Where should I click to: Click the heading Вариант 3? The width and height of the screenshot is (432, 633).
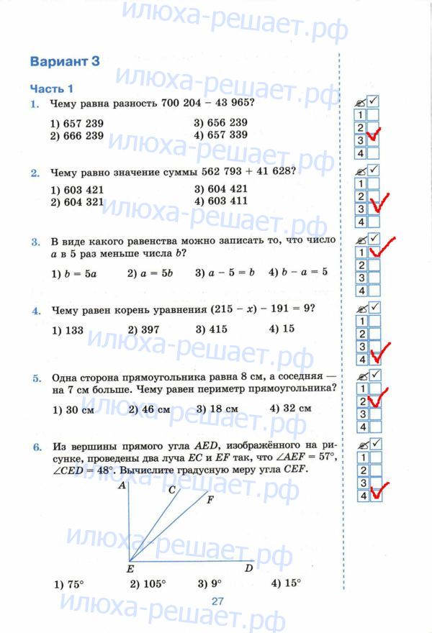(x=63, y=61)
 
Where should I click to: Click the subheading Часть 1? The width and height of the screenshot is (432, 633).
(x=51, y=89)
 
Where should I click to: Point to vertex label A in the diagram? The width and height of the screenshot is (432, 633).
(x=122, y=487)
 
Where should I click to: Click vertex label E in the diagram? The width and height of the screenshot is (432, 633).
(x=130, y=568)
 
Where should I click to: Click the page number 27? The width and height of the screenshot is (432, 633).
(x=217, y=601)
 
